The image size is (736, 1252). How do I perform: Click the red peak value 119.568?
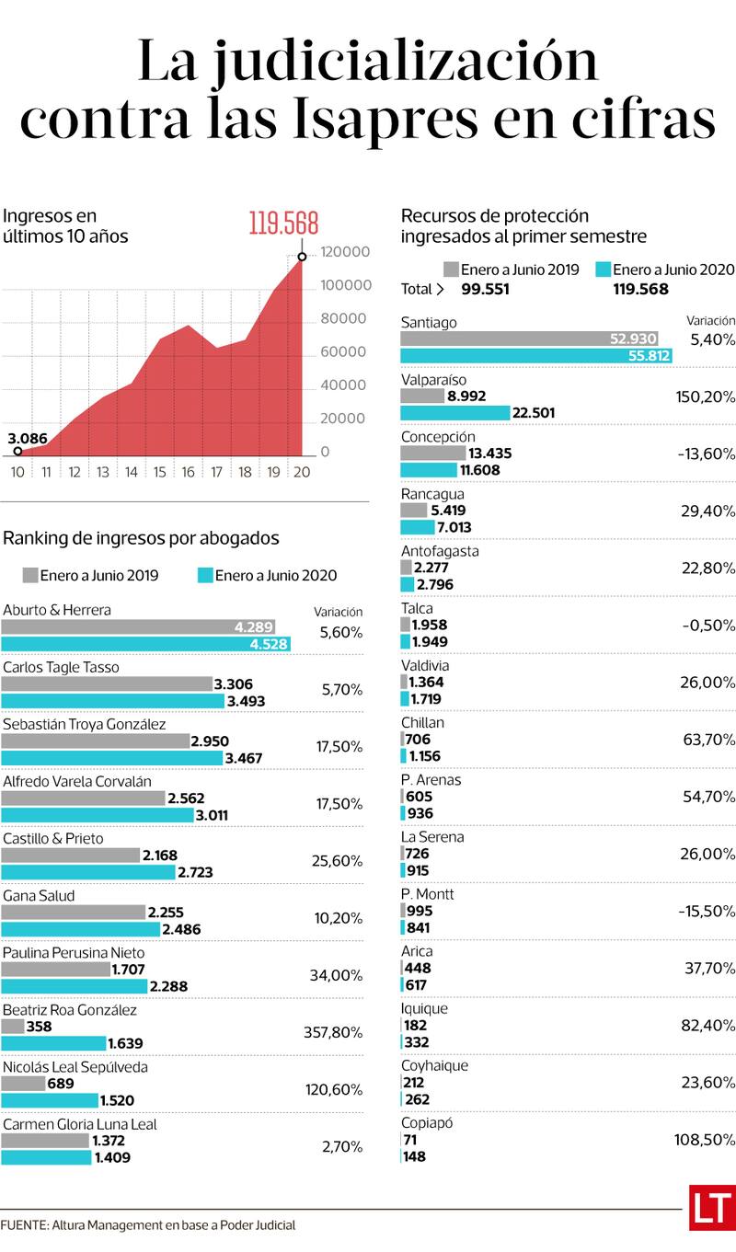pyautogui.click(x=283, y=224)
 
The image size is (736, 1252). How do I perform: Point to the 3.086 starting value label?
pyautogui.click(x=28, y=438)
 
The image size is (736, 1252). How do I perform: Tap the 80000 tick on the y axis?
pyautogui.click(x=343, y=318)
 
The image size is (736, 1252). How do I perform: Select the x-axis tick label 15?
pyautogui.click(x=159, y=472)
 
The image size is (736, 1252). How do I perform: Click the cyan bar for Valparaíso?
pyautogui.click(x=455, y=413)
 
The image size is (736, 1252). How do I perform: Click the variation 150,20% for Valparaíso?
pyautogui.click(x=705, y=396)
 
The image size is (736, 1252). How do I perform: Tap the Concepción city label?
pyautogui.click(x=439, y=436)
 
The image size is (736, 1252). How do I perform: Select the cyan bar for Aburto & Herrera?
pyautogui.click(x=145, y=644)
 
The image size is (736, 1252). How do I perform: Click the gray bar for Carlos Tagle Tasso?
pyautogui.click(x=107, y=684)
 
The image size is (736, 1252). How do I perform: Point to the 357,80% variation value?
pyautogui.click(x=333, y=1032)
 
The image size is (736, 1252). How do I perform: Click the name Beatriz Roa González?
pyautogui.click(x=70, y=1010)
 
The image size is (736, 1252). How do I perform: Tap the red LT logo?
pyautogui.click(x=712, y=1207)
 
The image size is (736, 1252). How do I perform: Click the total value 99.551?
pyautogui.click(x=485, y=289)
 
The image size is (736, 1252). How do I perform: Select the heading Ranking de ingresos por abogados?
pyautogui.click(x=141, y=538)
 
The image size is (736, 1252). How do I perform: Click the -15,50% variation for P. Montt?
pyautogui.click(x=707, y=911)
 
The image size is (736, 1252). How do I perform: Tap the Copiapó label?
pyautogui.click(x=427, y=1122)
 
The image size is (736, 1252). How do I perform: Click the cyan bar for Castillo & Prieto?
pyautogui.click(x=88, y=872)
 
